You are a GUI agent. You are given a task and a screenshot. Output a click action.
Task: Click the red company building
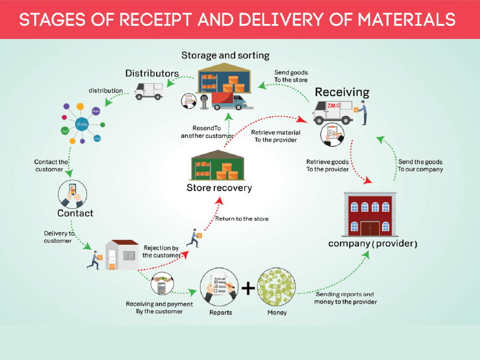370,214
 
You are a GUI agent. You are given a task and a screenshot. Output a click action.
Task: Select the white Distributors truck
149,91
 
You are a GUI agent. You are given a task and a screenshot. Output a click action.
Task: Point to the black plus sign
248,289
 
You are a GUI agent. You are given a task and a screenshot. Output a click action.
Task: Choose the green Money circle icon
277,287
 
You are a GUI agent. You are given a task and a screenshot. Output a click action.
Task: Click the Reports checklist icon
220,287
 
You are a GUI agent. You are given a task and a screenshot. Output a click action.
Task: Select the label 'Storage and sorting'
226,56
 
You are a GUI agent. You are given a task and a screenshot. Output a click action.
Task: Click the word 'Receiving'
342,92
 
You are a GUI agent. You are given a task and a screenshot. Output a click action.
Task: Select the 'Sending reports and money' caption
346,298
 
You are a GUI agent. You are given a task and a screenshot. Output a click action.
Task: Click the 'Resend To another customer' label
207,132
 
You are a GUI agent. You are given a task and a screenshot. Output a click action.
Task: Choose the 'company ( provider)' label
373,244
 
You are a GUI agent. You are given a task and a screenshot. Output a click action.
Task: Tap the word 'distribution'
106,91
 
